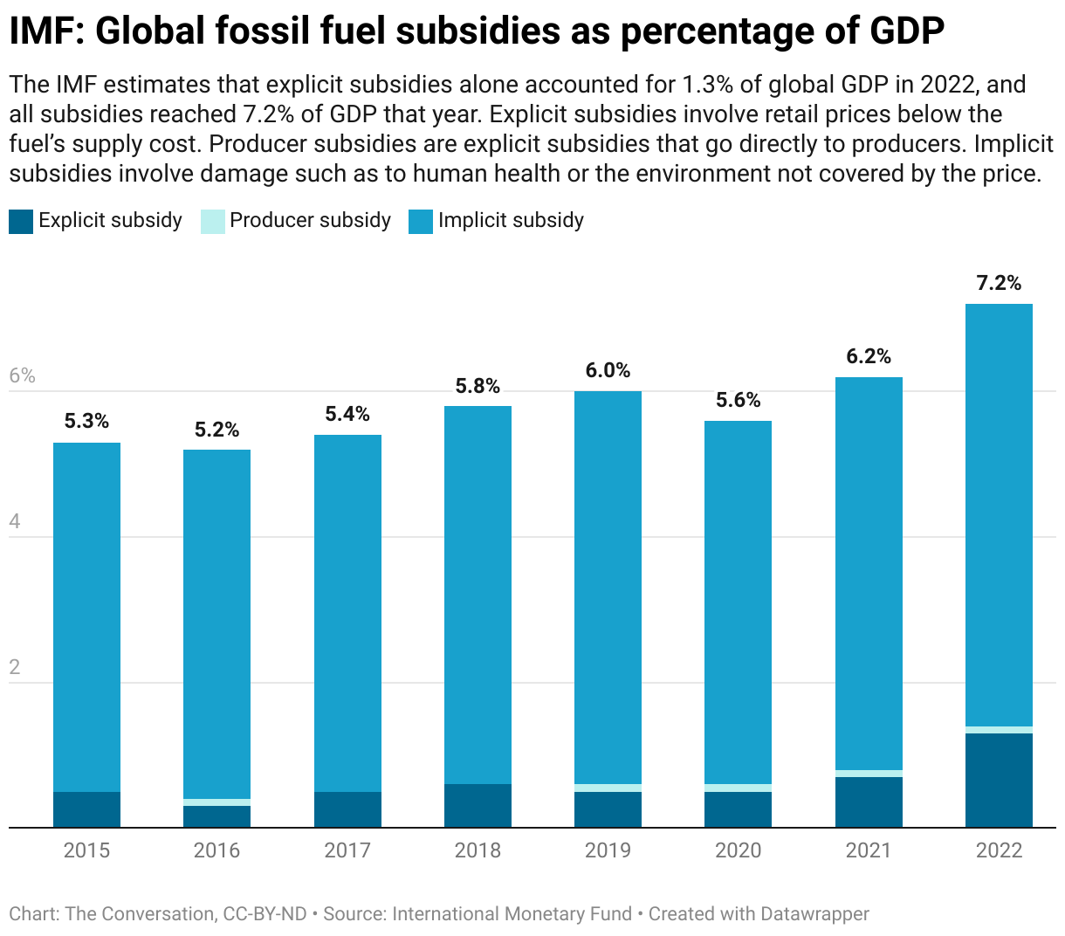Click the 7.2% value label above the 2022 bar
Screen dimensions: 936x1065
pyautogui.click(x=999, y=283)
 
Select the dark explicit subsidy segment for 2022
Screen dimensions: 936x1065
pyautogui.click(x=999, y=780)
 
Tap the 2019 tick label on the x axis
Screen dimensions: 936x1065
pyautogui.click(x=608, y=850)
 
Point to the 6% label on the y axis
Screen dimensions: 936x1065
pyautogui.click(x=22, y=375)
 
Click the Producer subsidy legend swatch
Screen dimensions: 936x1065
pyautogui.click(x=212, y=222)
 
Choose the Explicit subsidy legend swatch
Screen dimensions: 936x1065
pyautogui.click(x=21, y=222)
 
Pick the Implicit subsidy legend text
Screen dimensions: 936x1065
pyautogui.click(x=511, y=220)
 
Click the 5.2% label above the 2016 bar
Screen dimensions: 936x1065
pyautogui.click(x=216, y=430)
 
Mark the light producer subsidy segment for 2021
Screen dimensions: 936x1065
pyautogui.click(x=869, y=774)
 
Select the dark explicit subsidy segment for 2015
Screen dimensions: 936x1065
pyautogui.click(x=86, y=809)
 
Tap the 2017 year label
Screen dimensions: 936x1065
pyautogui.click(x=347, y=850)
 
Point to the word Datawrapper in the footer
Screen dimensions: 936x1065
pyautogui.click(x=814, y=914)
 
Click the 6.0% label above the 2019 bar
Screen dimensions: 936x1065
pyautogui.click(x=608, y=370)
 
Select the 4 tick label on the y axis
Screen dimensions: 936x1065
pyautogui.click(x=15, y=522)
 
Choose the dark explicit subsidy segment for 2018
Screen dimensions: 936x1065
pyautogui.click(x=478, y=805)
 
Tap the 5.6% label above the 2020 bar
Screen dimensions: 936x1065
pyautogui.click(x=738, y=400)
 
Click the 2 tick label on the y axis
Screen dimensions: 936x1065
pyautogui.click(x=15, y=668)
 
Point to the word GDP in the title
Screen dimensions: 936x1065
pyautogui.click(x=907, y=31)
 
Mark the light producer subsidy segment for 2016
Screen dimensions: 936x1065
pyautogui.click(x=216, y=802)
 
